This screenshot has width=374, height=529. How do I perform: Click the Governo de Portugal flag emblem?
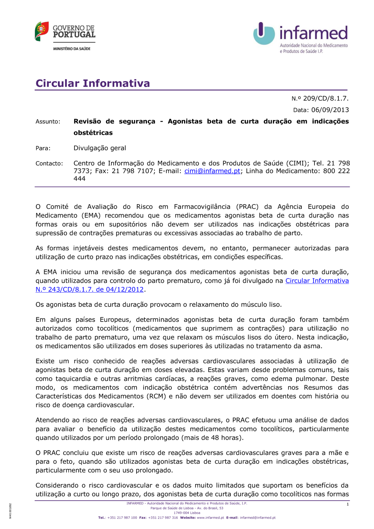42,31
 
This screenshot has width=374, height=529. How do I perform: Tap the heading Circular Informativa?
93,83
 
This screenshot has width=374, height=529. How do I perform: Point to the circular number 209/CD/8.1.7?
325,98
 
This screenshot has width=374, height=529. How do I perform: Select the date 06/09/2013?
330,110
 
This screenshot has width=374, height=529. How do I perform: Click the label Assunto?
48,122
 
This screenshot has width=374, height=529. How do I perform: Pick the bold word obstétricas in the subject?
93,133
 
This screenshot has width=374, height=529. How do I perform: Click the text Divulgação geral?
100,148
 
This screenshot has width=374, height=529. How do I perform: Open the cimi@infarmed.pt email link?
212,171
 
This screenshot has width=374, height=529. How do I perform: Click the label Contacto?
49,163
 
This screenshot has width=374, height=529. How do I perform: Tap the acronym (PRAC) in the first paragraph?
247,207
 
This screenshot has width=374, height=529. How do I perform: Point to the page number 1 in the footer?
347,504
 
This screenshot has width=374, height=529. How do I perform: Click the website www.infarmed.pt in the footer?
210,518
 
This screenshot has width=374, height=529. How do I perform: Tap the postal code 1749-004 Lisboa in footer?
187,513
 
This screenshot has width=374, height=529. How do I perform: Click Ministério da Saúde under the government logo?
71,49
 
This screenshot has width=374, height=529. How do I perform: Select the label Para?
43,148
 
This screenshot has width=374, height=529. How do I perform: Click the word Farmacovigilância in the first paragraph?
202,207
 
